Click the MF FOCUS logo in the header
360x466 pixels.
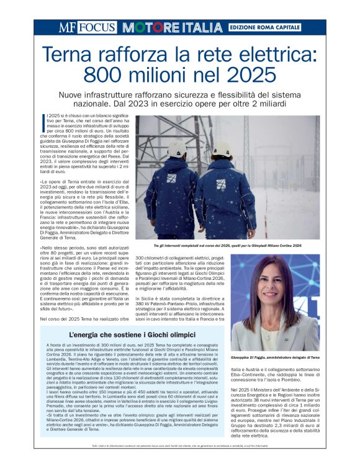[x=87, y=27]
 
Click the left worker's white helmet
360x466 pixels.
[x=178, y=149]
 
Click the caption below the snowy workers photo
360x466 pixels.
[x=227, y=246]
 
